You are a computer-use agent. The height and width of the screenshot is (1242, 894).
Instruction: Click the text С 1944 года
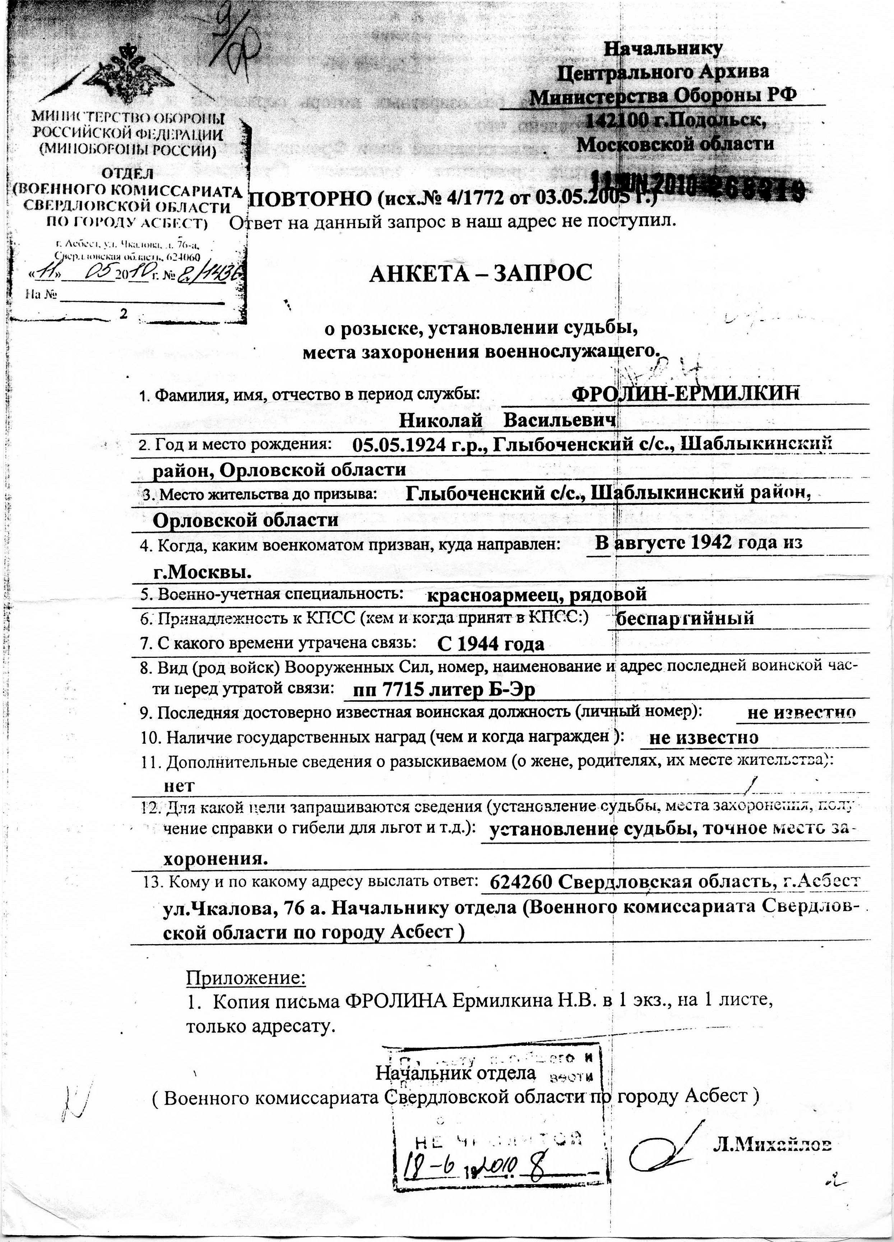tap(491, 645)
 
